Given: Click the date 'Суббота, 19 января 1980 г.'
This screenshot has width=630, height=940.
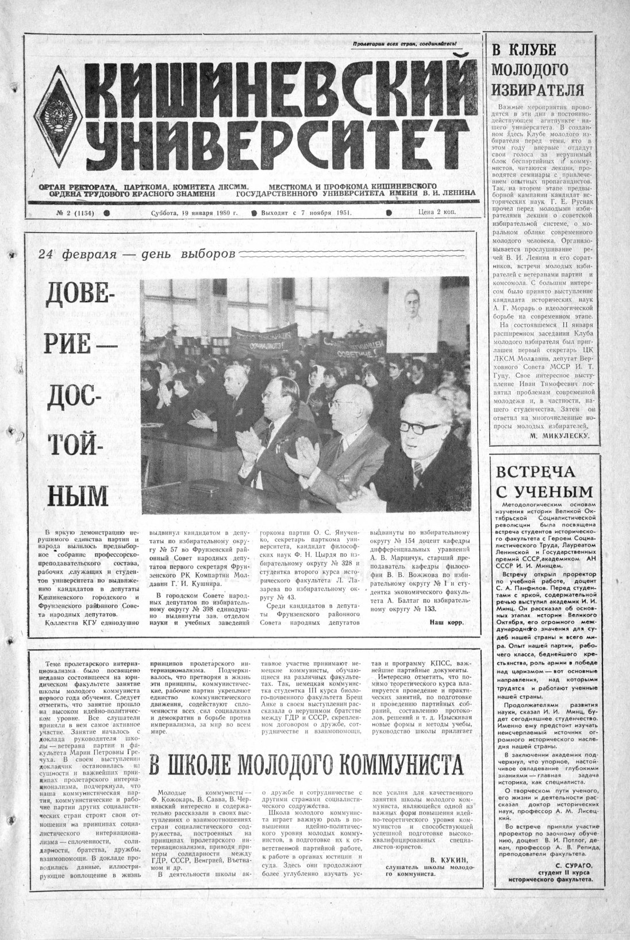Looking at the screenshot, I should click(182, 212).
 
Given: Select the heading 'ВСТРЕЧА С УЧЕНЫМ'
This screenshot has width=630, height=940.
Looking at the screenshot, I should click(543, 481).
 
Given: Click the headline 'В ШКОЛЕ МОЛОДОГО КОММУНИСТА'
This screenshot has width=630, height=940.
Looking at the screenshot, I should click(306, 764).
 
